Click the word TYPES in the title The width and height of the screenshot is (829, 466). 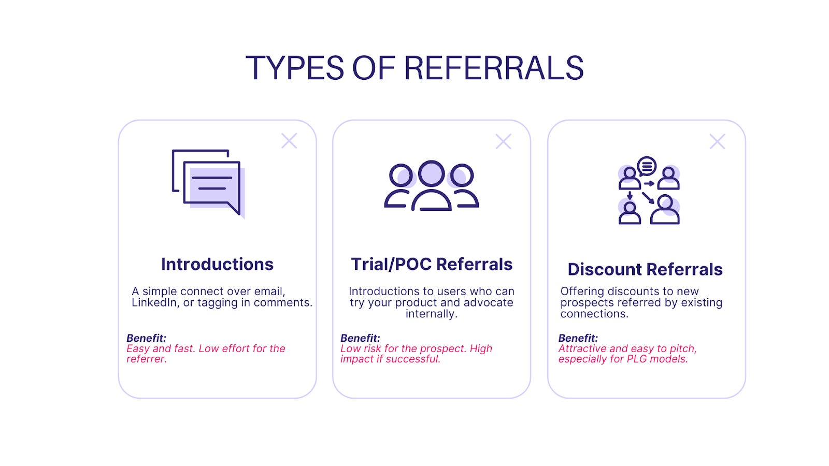tap(294, 68)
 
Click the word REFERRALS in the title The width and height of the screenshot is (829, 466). tap(493, 68)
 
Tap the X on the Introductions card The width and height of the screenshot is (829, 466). tap(289, 141)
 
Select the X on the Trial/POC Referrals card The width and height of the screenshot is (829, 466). tap(503, 141)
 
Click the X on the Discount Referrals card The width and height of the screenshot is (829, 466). tap(717, 141)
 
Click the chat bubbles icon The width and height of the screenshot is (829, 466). tap(208, 183)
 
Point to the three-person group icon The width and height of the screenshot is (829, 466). tap(431, 185)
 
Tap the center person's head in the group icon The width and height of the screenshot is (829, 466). tap(431, 173)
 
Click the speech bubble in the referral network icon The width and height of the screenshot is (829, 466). tap(647, 166)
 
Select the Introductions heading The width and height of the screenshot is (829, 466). tap(217, 264)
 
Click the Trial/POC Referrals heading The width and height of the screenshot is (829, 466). tap(432, 264)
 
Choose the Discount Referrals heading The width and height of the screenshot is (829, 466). tap(645, 269)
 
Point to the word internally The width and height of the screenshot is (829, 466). tap(431, 314)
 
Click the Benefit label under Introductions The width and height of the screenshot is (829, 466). tap(146, 338)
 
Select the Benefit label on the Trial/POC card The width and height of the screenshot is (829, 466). tap(360, 338)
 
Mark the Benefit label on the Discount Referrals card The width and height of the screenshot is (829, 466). tap(578, 338)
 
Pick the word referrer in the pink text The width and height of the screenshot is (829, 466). tap(146, 359)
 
